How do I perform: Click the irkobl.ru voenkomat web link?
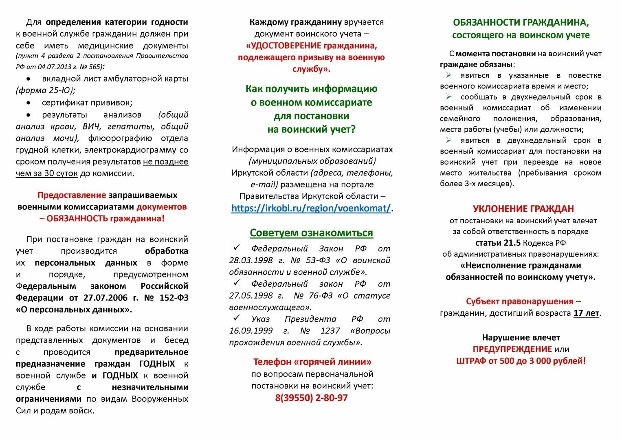coord(311,208)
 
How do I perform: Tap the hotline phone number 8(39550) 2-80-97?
coord(311,398)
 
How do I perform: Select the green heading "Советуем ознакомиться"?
coord(311,233)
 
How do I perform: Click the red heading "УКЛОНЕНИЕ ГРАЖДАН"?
coord(523,209)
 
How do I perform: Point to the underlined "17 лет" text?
coord(586,313)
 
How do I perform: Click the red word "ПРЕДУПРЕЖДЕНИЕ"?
coord(512,349)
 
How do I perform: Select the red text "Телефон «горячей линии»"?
coord(312,362)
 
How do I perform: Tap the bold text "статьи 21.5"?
coord(498,243)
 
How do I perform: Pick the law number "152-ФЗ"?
coord(174,298)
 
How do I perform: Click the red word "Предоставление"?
coord(72,195)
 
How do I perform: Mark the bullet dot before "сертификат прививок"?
coord(29,103)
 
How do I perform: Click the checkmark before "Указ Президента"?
coord(236,318)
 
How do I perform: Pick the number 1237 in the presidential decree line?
coord(330,330)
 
